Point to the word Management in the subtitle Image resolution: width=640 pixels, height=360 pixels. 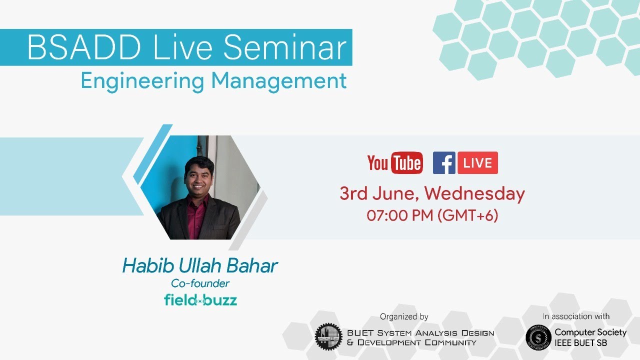coord(279,81)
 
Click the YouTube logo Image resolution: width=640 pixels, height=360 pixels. coord(395,163)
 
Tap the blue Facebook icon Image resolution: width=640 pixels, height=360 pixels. coord(444,163)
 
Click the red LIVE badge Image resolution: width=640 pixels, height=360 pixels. coord(477,163)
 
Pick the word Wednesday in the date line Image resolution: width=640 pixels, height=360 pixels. coord(474,193)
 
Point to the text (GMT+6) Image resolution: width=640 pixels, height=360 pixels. coord(467,215)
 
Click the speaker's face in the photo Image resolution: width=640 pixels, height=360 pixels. coord(199,172)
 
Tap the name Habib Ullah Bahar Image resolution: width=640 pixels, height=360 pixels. coord(200,266)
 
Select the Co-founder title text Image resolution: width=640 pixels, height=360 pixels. coord(200,283)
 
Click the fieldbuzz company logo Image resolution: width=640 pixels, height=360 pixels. coord(200,300)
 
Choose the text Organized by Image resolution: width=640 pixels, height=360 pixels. coord(404,316)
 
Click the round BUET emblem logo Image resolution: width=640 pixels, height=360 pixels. coord(328,336)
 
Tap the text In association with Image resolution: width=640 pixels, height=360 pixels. coord(576,316)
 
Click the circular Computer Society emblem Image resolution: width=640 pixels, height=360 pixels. coord(538,337)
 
